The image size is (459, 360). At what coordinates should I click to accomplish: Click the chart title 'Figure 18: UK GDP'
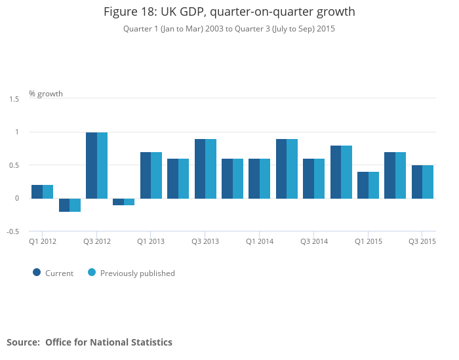pyautogui.click(x=229, y=12)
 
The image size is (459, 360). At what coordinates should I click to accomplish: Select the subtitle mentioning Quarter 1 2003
pyautogui.click(x=229, y=29)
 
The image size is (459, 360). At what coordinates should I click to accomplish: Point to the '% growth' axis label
pyautogui.click(x=46, y=94)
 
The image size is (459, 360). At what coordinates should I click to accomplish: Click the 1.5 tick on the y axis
pyautogui.click(x=14, y=99)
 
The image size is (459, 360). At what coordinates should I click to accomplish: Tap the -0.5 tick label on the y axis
pyautogui.click(x=14, y=231)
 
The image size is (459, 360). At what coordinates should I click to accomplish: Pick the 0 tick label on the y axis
pyautogui.click(x=18, y=198)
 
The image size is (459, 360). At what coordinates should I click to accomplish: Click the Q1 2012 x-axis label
pyautogui.click(x=43, y=242)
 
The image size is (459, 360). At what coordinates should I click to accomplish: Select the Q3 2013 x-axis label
pyautogui.click(x=205, y=242)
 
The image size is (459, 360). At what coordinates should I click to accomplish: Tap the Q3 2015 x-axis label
pyautogui.click(x=422, y=242)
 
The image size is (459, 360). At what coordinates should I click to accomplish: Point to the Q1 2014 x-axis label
pyautogui.click(x=260, y=242)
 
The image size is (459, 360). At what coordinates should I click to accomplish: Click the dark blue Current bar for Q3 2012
pyautogui.click(x=91, y=165)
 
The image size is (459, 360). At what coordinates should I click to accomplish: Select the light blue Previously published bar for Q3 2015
pyautogui.click(x=428, y=182)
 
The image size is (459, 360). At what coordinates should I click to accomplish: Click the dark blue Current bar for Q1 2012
pyautogui.click(x=37, y=191)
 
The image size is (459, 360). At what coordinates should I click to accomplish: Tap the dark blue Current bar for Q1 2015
pyautogui.click(x=363, y=185)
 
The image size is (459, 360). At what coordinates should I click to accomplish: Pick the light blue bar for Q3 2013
pyautogui.click(x=211, y=169)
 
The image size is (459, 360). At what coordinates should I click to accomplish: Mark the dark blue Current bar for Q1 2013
pyautogui.click(x=146, y=175)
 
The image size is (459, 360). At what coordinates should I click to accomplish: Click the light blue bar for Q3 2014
pyautogui.click(x=319, y=178)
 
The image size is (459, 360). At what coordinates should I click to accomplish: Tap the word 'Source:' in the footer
pyautogui.click(x=24, y=342)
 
